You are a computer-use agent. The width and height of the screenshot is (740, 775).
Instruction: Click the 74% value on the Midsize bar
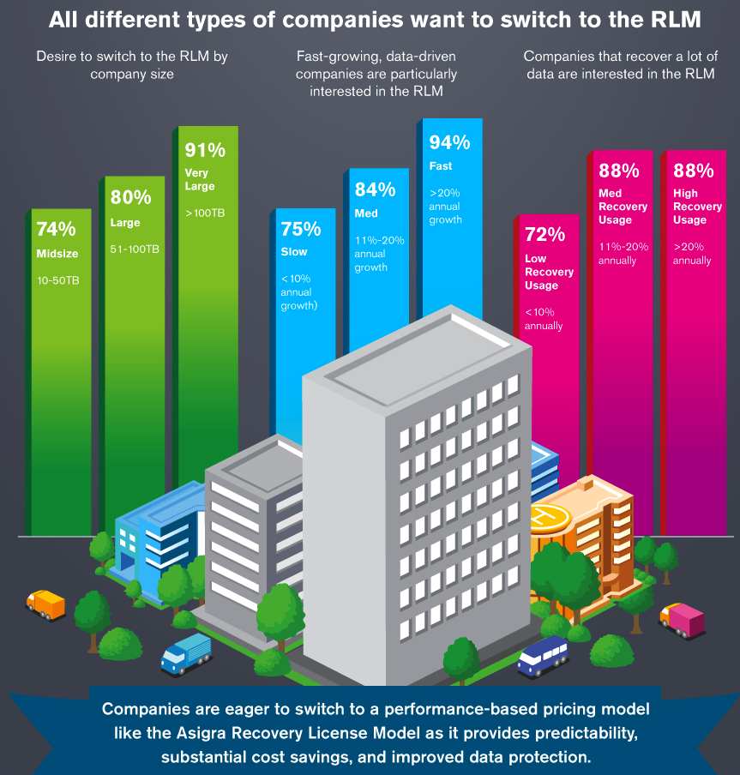56,230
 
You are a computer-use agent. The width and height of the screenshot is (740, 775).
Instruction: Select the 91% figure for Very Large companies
205,150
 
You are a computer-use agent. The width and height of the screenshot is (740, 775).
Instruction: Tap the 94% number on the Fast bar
449,142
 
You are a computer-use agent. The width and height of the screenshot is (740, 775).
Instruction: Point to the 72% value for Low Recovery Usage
544,235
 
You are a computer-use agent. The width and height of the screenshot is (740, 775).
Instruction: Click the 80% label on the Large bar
130,198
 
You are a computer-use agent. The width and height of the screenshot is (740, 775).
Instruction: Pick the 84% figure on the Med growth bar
375,189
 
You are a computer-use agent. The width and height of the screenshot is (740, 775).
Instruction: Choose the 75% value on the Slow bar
300,230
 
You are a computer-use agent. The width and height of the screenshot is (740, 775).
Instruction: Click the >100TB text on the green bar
205,213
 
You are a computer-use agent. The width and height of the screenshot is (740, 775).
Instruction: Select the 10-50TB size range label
57,280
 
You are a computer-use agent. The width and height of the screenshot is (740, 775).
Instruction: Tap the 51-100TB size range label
134,249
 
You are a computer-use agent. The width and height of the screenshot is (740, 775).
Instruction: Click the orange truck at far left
45,604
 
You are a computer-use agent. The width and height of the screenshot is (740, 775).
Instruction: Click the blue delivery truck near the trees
186,653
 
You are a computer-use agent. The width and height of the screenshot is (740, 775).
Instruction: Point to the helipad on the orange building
548,516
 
